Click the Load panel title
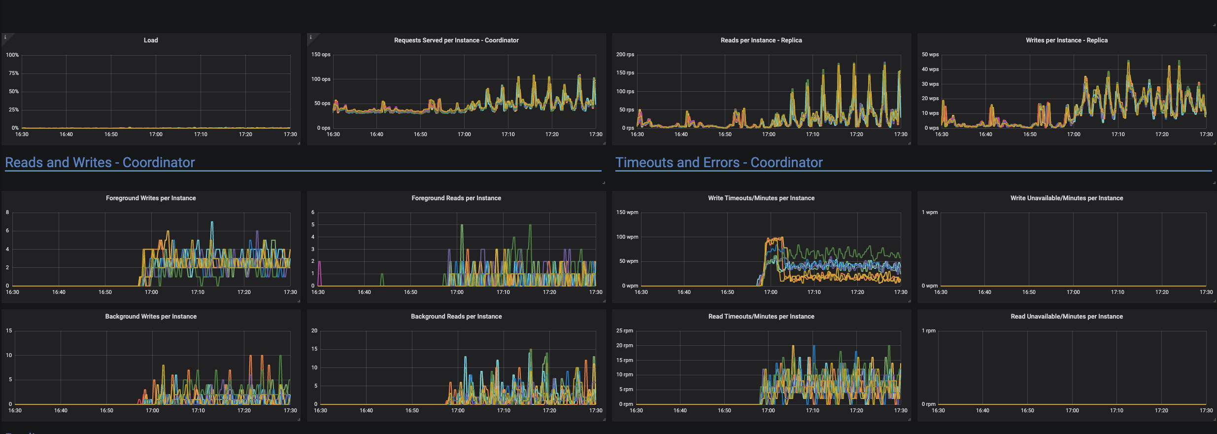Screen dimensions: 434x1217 click(151, 40)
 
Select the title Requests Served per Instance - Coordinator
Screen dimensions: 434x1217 click(456, 40)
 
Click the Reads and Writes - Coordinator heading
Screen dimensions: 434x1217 click(100, 163)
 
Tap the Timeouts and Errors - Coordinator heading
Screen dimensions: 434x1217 click(719, 163)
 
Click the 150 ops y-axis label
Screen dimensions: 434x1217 click(321, 55)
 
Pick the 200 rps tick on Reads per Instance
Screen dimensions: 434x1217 click(625, 55)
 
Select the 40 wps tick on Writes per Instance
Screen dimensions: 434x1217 click(930, 70)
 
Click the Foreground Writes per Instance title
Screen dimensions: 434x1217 click(151, 198)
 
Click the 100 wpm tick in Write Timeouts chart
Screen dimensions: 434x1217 click(627, 237)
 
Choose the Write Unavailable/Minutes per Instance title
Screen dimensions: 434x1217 click(1067, 198)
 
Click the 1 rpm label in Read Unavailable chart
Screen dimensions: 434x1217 click(929, 331)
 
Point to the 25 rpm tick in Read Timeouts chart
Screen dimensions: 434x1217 click(624, 331)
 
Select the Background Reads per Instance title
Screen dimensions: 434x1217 click(456, 317)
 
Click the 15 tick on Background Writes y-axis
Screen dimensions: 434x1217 click(9, 331)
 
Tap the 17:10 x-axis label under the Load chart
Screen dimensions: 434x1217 click(201, 135)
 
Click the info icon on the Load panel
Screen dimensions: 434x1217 click(5, 37)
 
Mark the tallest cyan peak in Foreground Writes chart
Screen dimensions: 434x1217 click(212, 223)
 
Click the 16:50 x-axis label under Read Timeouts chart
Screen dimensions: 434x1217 click(724, 411)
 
